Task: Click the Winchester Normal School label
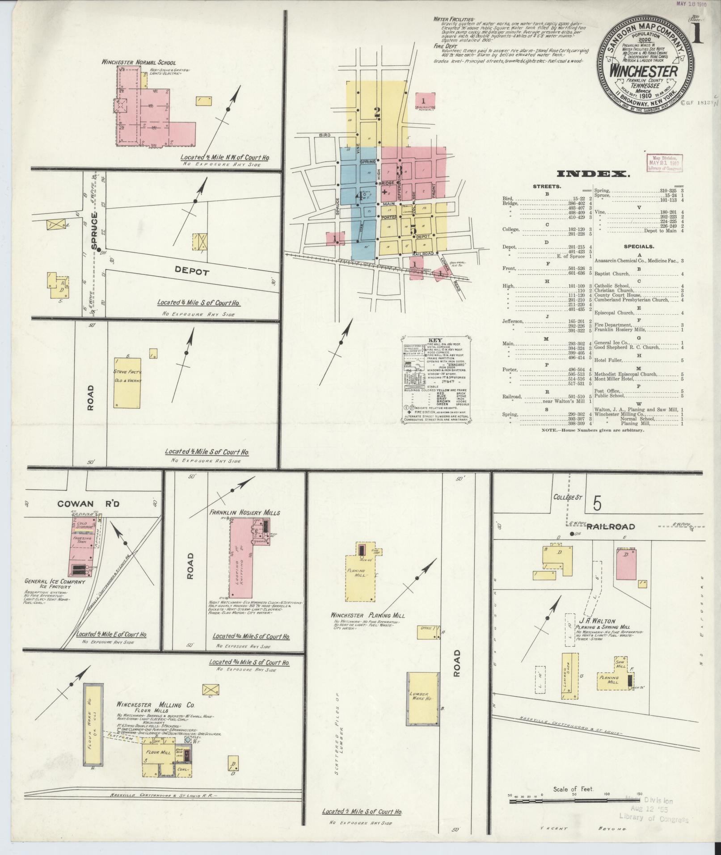[x=139, y=63]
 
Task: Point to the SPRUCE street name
[x=94, y=232]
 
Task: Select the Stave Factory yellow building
[x=127, y=382]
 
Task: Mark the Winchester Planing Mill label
[x=368, y=615]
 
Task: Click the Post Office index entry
[x=606, y=391]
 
